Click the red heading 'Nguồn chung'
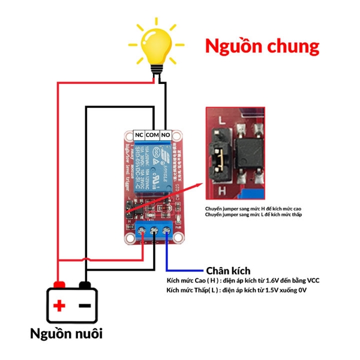click(x=262, y=46)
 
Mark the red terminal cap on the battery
click(x=59, y=283)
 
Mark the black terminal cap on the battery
click(x=85, y=283)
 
